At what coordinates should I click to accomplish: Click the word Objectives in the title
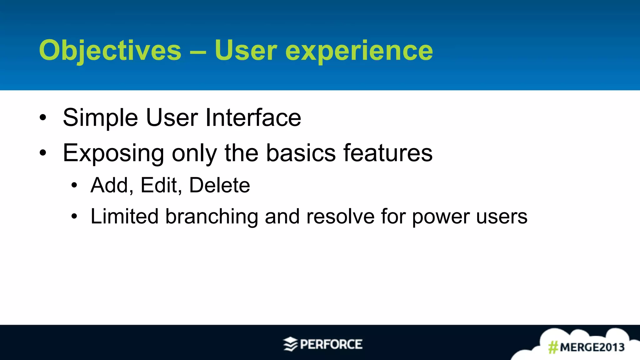[110, 51]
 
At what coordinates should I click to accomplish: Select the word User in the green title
[246, 51]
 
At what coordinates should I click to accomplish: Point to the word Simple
[100, 118]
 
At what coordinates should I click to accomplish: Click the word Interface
[253, 118]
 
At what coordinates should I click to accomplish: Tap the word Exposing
[113, 153]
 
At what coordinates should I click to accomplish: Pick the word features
[388, 153]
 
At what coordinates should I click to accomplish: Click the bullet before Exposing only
[43, 153]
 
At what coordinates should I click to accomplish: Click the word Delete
[219, 185]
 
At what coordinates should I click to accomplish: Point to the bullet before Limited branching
[74, 216]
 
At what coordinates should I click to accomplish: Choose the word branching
[212, 217]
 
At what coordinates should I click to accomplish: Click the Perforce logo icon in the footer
[290, 344]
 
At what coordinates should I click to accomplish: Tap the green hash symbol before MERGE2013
[553, 347]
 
